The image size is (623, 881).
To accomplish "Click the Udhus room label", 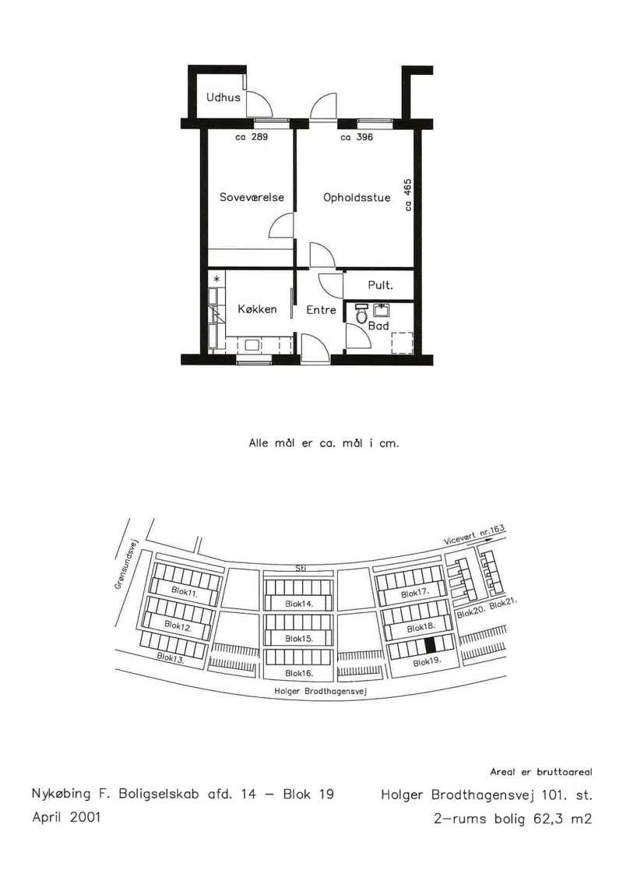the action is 223,97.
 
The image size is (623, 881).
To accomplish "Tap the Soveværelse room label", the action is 252,197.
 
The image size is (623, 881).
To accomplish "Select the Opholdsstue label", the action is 357,197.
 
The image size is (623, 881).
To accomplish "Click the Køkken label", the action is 257,309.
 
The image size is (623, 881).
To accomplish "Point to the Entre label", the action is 322,309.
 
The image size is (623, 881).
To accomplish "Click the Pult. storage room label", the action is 380,285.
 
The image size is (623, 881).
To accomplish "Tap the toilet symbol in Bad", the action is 362,315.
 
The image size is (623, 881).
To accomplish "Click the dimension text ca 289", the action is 252,136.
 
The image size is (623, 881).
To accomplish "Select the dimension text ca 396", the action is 357,136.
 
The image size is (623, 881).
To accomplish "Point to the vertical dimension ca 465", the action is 408,195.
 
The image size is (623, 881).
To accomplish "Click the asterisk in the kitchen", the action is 216,279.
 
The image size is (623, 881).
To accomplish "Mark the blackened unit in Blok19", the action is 431,645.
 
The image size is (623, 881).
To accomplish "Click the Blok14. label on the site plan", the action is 299,604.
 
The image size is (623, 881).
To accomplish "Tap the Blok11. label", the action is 185,592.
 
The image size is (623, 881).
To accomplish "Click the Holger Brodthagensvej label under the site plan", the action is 320,691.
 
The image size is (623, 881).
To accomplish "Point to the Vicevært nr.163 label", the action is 475,534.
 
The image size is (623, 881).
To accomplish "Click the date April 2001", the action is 66,817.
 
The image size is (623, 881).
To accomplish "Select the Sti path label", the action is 301,569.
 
